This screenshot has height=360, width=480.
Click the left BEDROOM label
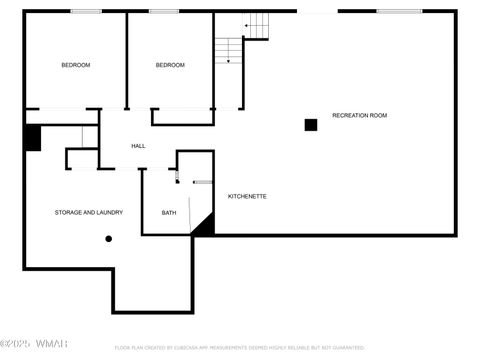(x=75, y=65)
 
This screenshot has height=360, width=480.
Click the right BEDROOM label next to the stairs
(x=170, y=65)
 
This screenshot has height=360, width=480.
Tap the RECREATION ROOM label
(x=359, y=115)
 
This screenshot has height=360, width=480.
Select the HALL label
(x=138, y=146)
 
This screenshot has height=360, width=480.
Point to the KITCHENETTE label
(x=247, y=196)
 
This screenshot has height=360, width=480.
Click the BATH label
(x=169, y=212)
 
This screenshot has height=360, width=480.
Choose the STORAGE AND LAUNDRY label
(x=88, y=212)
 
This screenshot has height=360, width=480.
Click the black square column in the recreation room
(x=311, y=125)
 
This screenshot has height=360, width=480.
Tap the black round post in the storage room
(x=108, y=239)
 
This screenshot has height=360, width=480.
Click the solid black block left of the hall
(x=32, y=138)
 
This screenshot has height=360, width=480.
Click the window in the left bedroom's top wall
(x=86, y=11)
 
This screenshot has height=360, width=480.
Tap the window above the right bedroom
(x=163, y=11)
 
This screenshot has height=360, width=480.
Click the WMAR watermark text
(x=51, y=346)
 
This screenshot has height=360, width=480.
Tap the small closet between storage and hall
(x=82, y=158)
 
